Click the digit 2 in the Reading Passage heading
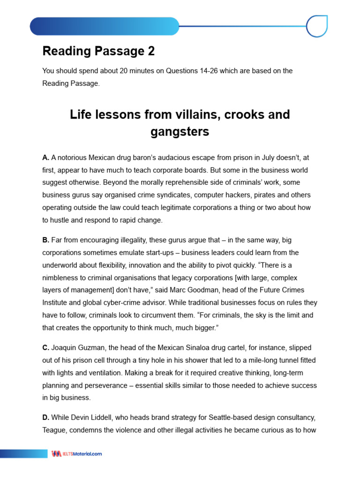[150, 51]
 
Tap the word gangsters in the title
[180, 132]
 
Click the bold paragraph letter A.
[45, 158]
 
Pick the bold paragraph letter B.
[45, 240]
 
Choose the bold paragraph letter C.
[45, 348]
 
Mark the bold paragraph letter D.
[45, 417]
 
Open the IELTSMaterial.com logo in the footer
[77, 454]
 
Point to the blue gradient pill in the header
[104, 26]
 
